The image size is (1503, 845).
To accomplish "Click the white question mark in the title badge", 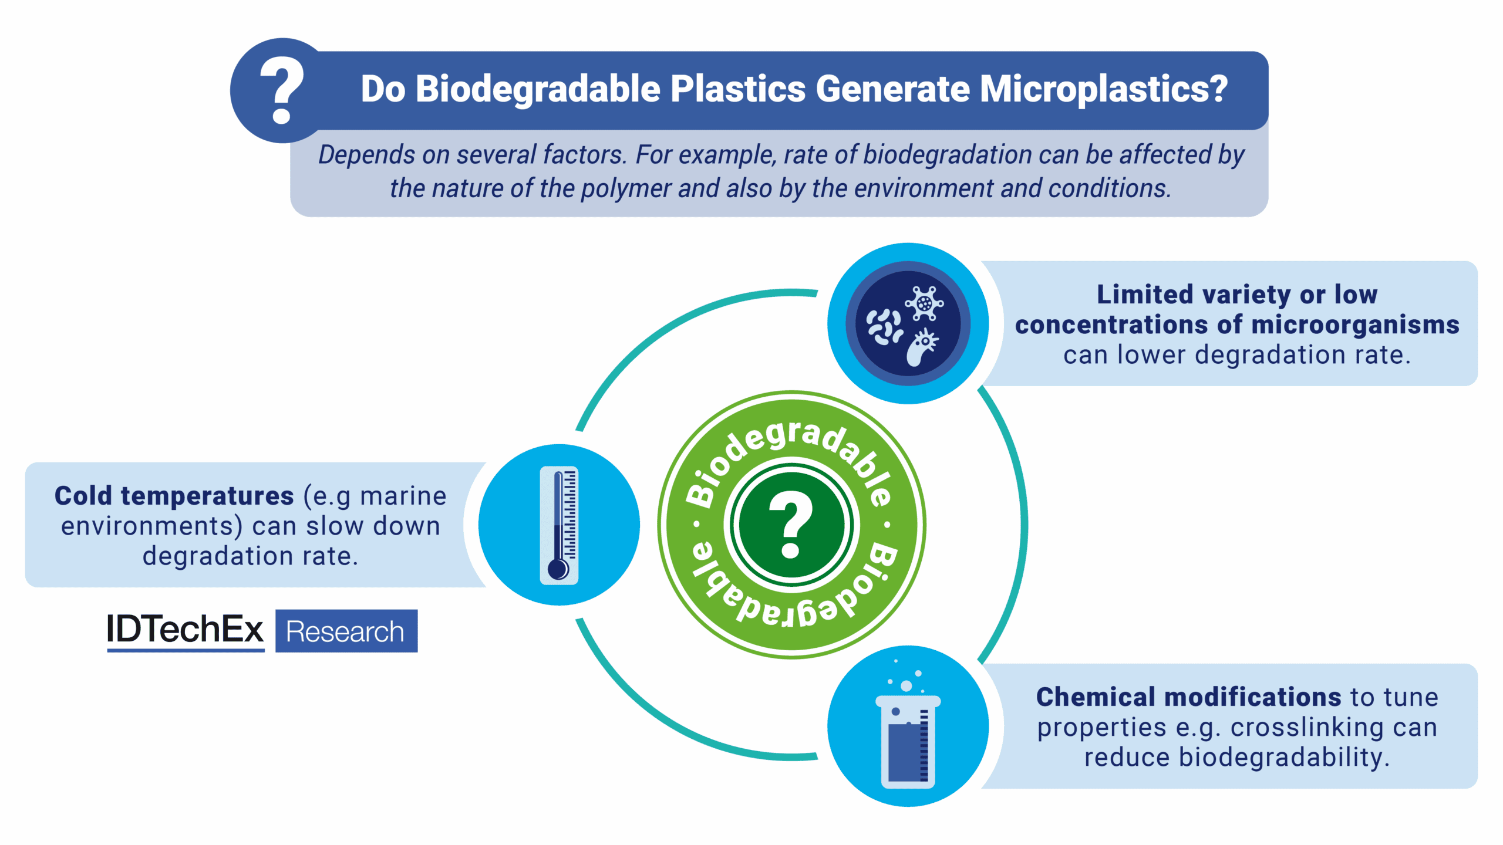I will pos(282,90).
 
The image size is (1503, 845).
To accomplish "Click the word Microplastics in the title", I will pos(1104,89).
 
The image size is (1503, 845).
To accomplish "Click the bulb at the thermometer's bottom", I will pos(558,569).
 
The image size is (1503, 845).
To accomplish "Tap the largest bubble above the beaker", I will pos(906,685).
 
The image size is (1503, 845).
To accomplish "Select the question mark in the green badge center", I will pos(791,524).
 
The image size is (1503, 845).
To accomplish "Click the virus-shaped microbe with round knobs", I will pos(924,303).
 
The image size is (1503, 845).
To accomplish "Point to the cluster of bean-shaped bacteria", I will pos(884,326).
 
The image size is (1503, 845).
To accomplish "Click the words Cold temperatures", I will pos(174,496).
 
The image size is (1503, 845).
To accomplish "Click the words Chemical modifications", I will pos(1188,697).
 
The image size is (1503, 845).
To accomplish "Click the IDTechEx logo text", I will pos(185,630).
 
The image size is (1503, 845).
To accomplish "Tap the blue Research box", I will pos(346,631).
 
